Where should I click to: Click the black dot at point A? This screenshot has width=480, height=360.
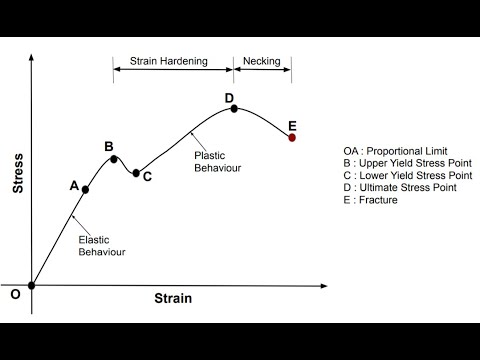(86, 189)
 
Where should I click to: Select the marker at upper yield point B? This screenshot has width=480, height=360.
(115, 159)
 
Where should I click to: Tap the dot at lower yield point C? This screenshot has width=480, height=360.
(136, 173)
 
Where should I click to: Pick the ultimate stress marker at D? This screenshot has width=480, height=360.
(234, 108)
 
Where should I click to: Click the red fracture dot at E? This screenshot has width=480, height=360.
(292, 138)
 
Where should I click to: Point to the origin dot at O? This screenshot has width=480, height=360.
(32, 285)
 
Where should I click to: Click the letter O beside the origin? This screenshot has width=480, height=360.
(15, 295)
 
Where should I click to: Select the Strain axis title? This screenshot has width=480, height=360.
(173, 299)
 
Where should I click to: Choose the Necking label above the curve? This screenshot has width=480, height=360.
(262, 61)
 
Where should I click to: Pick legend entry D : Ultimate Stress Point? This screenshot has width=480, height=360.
(400, 187)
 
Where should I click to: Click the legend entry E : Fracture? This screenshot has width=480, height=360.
(370, 200)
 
